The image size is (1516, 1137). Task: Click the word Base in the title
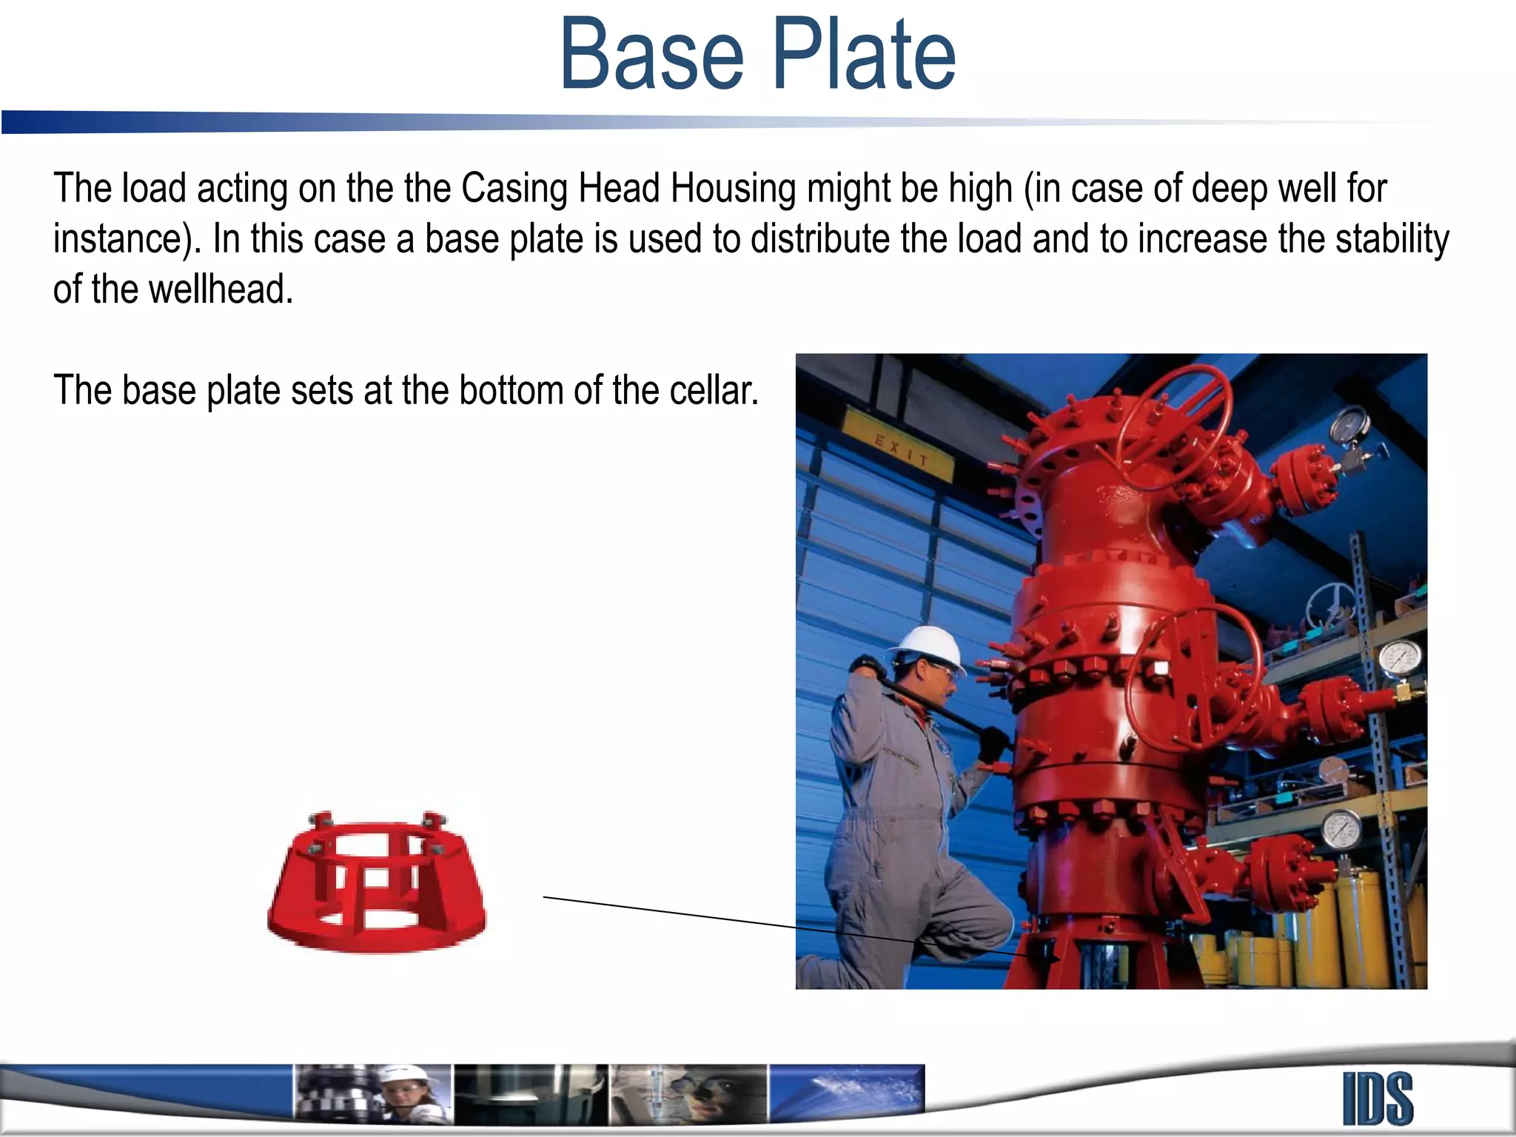click(651, 56)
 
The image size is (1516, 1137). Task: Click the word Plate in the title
click(864, 56)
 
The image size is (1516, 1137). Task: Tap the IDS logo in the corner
click(1378, 1099)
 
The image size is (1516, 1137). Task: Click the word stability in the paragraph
click(1392, 239)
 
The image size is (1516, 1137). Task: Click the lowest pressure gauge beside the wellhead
click(1341, 830)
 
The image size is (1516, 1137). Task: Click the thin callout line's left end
click(545, 897)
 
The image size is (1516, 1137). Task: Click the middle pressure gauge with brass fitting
click(1400, 659)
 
